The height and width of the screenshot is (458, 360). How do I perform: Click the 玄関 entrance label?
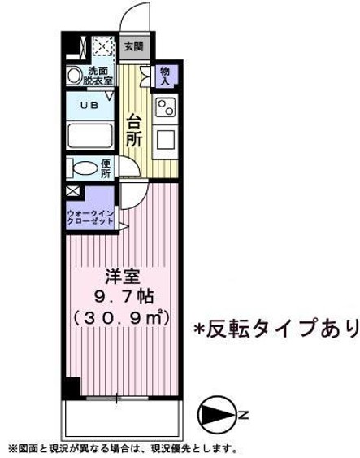tap(133, 46)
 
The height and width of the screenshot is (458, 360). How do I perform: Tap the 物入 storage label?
tap(163, 77)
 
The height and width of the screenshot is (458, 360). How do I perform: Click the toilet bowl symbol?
tap(84, 169)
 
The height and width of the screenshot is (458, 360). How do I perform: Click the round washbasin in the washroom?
tap(74, 76)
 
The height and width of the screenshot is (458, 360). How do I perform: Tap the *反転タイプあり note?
tap(274, 329)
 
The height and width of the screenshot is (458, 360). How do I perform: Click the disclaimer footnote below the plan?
tap(122, 448)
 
